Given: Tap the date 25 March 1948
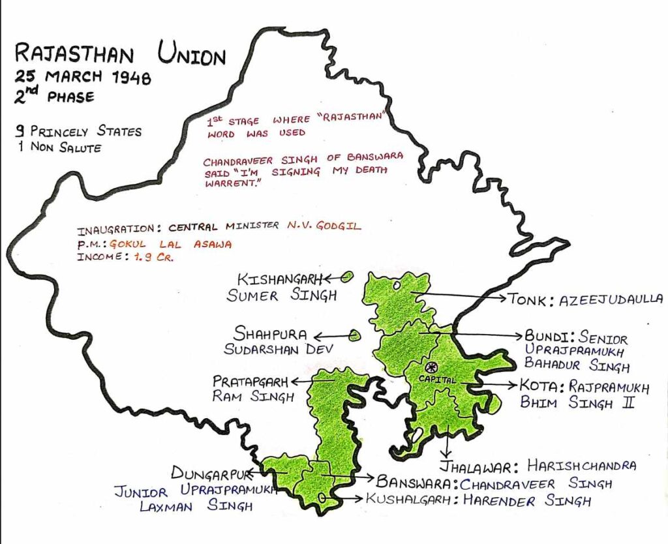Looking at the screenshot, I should (x=83, y=78).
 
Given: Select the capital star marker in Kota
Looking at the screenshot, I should (x=431, y=367).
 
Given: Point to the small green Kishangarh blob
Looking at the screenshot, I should (x=346, y=277).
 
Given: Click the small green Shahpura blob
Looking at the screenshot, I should (x=354, y=335).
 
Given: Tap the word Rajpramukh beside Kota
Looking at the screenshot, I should (x=609, y=387).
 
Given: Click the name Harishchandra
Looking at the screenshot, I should (x=581, y=466).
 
